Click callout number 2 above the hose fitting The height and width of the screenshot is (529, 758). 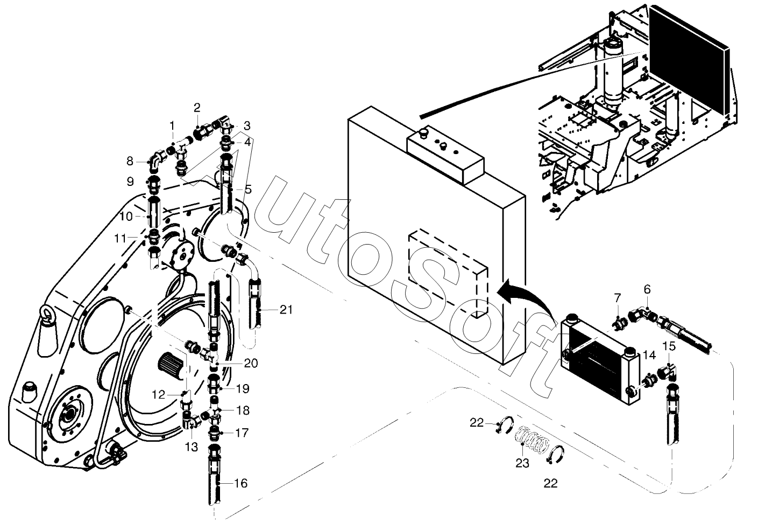[x=197, y=108]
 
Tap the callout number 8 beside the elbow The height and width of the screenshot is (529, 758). [x=130, y=161]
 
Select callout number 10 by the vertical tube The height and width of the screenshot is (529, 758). [x=126, y=216]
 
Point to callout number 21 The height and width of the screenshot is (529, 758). [x=286, y=309]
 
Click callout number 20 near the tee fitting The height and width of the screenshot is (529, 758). [x=251, y=363]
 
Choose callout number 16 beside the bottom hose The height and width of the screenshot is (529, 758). [x=240, y=483]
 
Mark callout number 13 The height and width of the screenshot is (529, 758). [x=191, y=447]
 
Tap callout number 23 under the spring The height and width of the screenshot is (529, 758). [x=522, y=463]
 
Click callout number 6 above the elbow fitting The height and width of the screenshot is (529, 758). [x=647, y=289]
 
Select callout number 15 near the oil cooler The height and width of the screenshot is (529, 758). [x=669, y=346]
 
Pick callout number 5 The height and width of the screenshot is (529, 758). [x=249, y=189]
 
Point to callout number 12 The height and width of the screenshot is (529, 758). [x=158, y=395]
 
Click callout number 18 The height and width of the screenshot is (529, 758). [x=243, y=410]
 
